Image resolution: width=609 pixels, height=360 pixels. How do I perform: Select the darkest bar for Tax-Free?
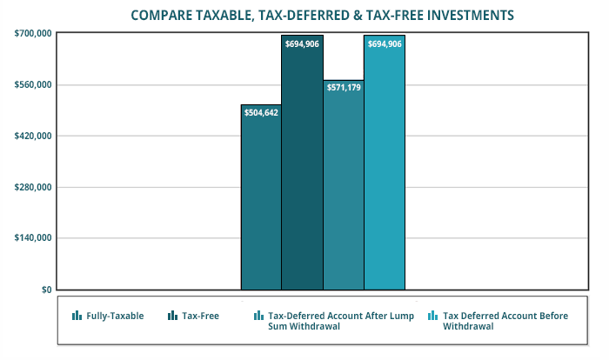click(302, 174)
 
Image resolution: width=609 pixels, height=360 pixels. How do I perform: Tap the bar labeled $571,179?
click(344, 191)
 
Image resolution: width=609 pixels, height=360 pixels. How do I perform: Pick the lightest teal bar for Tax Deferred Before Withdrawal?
click(385, 174)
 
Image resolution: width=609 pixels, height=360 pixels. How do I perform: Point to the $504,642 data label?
click(261, 112)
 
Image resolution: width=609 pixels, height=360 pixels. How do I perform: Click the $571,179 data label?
click(344, 88)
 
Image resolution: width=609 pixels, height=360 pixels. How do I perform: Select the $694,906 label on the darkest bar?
click(302, 43)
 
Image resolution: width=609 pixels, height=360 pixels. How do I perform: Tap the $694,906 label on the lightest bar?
click(385, 43)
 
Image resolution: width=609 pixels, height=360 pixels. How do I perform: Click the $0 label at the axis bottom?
click(44, 290)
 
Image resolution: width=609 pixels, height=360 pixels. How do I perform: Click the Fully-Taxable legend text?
click(115, 316)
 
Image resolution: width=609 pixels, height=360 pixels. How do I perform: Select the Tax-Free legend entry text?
click(200, 316)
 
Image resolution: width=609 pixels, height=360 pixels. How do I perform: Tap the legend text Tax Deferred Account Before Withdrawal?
click(505, 321)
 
